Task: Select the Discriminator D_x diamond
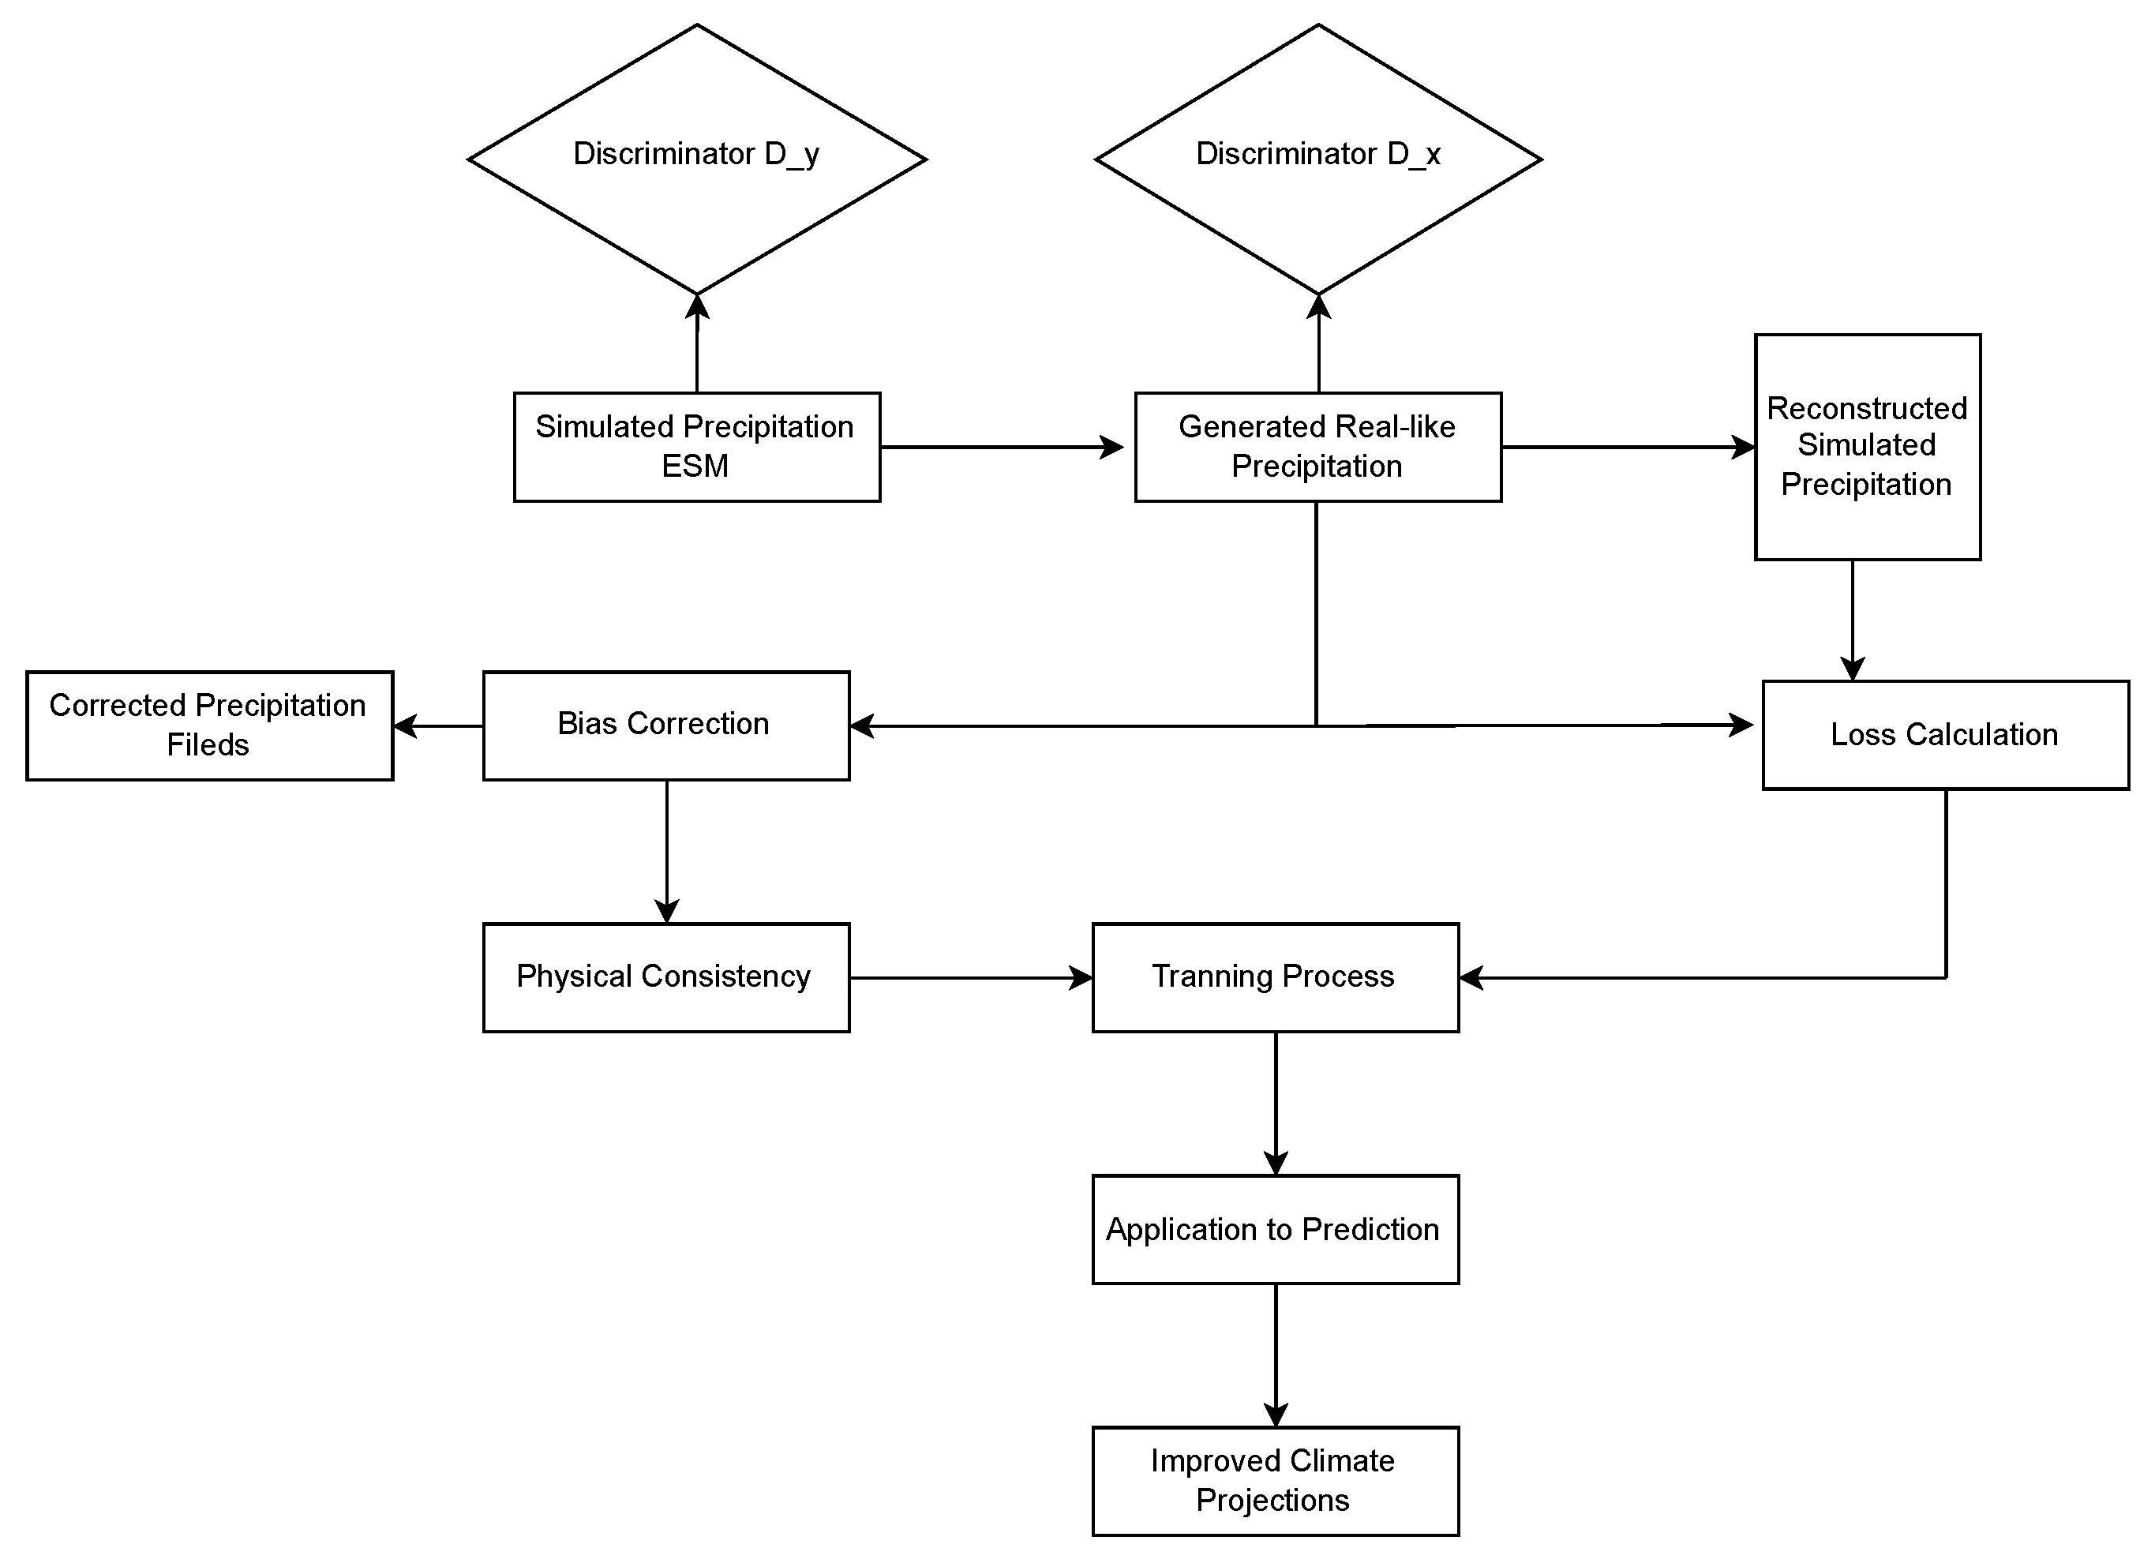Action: tap(1318, 159)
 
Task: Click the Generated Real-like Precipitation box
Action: tap(1318, 447)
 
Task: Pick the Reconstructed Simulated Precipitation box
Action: tap(1867, 447)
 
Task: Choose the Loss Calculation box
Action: tap(1945, 734)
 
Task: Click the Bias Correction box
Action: tap(666, 726)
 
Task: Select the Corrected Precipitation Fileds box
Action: tap(209, 726)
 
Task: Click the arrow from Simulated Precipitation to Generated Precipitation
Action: tap(1003, 447)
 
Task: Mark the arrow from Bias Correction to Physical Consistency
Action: tap(666, 851)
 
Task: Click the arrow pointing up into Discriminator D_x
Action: tap(1318, 343)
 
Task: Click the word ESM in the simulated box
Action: tap(695, 466)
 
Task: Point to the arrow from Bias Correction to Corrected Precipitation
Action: tap(438, 726)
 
